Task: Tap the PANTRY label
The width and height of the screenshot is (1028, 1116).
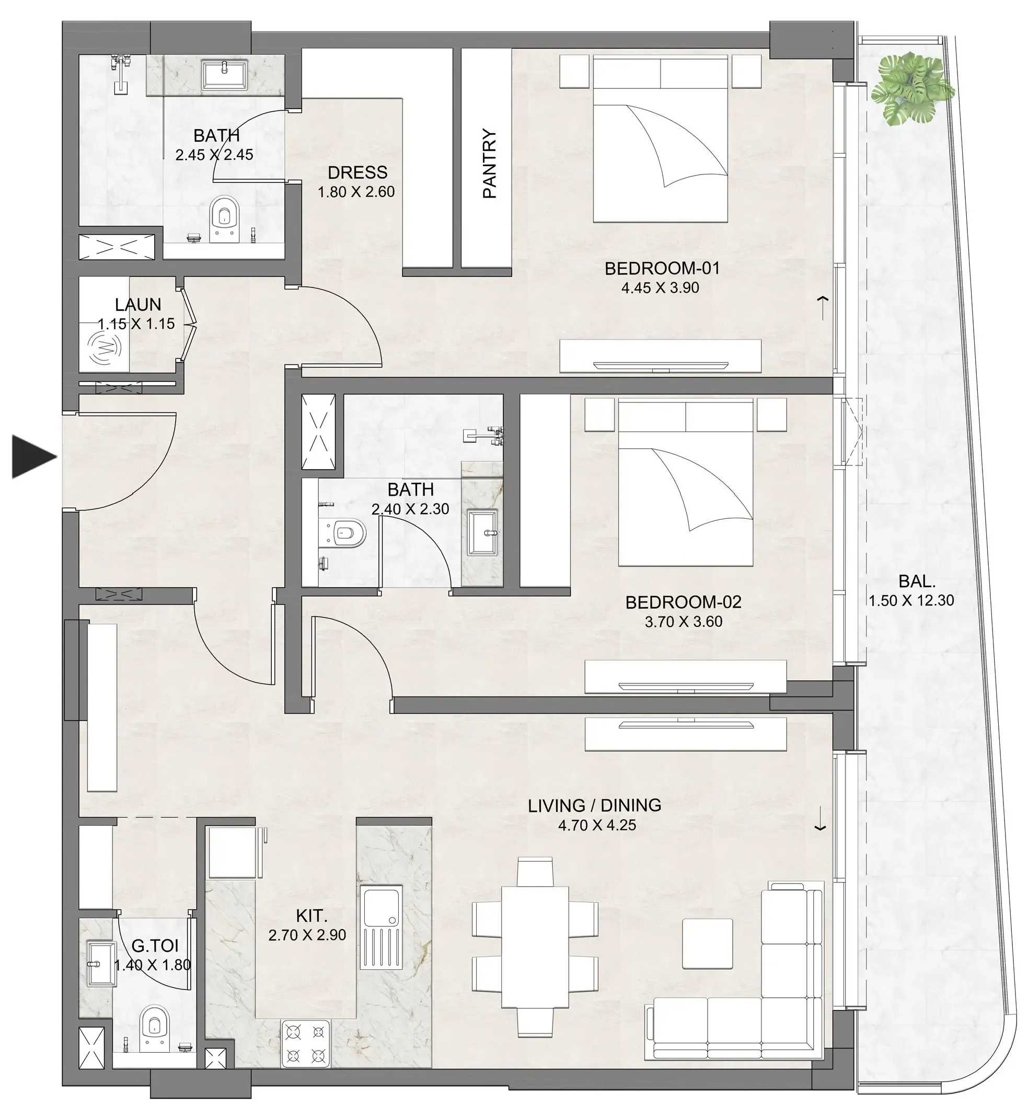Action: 489,164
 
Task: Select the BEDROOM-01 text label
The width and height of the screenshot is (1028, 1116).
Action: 662,269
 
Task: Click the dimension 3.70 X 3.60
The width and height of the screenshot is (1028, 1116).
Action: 683,622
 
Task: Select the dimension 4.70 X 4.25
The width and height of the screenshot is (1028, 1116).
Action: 597,825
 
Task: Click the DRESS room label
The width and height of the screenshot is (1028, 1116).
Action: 357,172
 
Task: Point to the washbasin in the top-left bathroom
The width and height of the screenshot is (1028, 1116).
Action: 224,75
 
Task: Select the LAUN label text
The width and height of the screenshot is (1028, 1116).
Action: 138,305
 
